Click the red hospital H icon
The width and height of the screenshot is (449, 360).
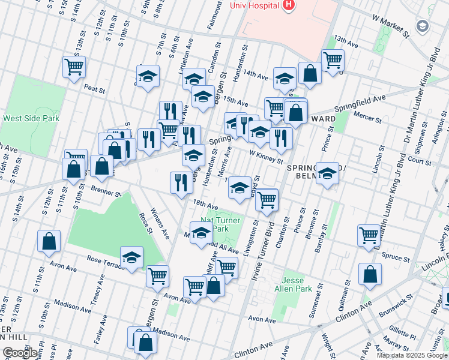tap(289, 5)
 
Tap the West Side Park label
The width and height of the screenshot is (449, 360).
tap(31, 118)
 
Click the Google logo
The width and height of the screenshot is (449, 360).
tap(20, 353)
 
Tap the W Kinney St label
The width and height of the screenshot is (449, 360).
tap(265, 157)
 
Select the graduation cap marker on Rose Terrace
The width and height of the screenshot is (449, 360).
tap(131, 257)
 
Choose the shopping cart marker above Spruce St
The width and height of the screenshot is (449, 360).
tap(369, 235)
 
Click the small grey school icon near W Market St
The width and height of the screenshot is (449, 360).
tap(423, 26)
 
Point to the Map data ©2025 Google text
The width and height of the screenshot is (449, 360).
tap(412, 355)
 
